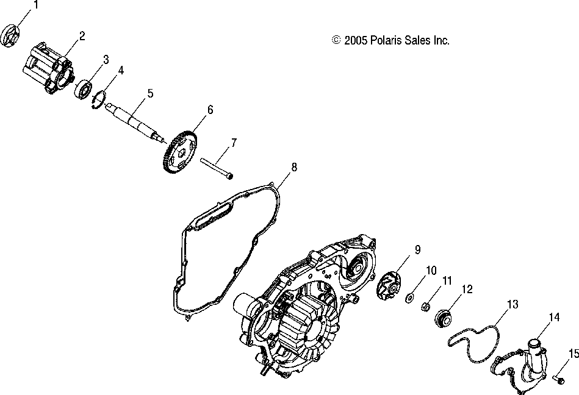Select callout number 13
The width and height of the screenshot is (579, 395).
click(512, 304)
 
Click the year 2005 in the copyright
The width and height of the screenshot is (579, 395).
click(354, 41)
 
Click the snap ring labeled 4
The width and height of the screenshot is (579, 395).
click(100, 98)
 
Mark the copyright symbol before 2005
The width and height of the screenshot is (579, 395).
click(336, 41)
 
